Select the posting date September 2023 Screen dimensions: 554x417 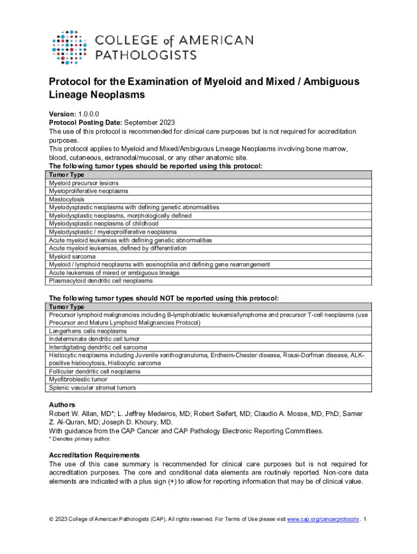[147, 123]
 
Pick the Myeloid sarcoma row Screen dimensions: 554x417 [72, 256]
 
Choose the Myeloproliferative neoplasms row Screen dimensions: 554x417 [88, 191]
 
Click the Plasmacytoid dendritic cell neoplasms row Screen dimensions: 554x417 [101, 281]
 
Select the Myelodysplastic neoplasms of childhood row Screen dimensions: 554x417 [103, 223]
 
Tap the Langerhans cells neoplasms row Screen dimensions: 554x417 [88, 331]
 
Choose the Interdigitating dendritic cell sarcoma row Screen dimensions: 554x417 [98, 347]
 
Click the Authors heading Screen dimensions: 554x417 [62, 405]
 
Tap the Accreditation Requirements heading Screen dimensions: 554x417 [94, 455]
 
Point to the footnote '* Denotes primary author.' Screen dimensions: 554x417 [80, 439]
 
